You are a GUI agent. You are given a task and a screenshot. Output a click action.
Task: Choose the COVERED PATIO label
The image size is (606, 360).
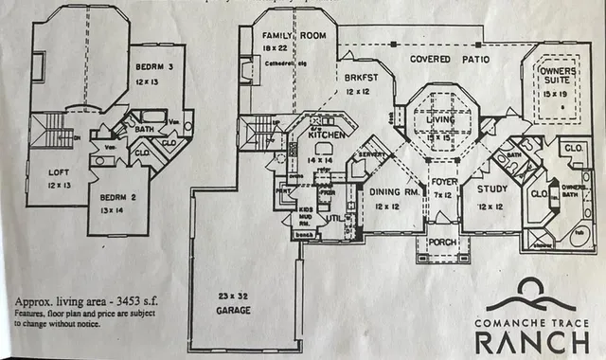(x=450, y=59)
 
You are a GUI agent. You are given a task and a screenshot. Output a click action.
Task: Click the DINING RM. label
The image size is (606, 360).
(x=390, y=191)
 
